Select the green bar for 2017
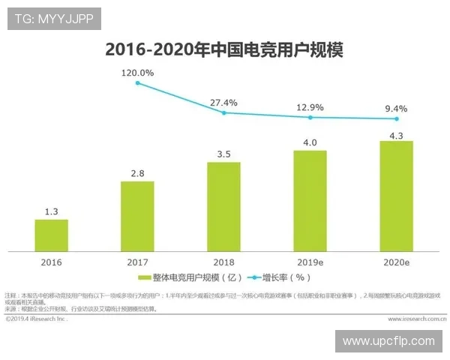(x=137, y=215)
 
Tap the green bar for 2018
(x=223, y=206)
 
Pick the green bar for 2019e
(x=310, y=200)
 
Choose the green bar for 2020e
(x=396, y=196)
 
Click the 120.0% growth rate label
(x=138, y=73)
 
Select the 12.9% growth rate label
(x=310, y=107)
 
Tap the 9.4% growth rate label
(x=396, y=109)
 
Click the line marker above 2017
(x=137, y=82)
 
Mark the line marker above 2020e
(x=397, y=118)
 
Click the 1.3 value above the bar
(x=51, y=212)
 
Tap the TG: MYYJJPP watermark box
(x=54, y=19)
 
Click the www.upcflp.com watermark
(x=388, y=341)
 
